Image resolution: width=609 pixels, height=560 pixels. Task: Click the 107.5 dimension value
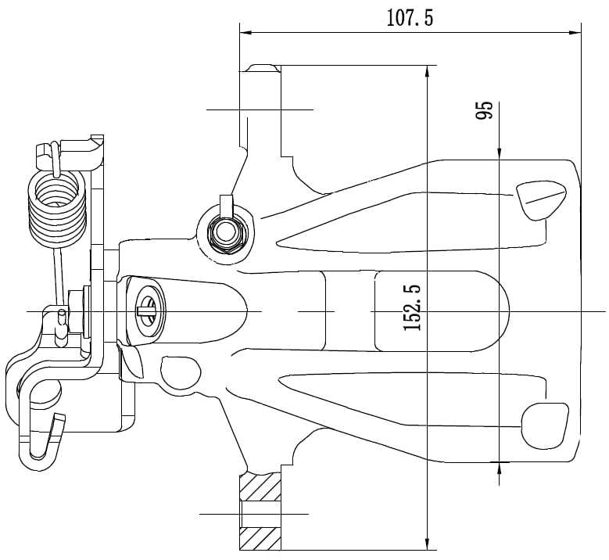410,17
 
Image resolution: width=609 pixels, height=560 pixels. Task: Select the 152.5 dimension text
413,308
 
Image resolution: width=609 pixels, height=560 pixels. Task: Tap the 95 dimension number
485,110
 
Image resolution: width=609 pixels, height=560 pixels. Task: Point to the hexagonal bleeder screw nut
226,234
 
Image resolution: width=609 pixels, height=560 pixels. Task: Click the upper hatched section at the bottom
260,486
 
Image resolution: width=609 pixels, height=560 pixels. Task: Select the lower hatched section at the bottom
260,538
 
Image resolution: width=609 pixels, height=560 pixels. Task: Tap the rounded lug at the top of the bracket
263,67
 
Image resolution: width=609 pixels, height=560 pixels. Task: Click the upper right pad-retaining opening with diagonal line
541,199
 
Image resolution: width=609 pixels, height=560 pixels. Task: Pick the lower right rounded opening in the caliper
545,425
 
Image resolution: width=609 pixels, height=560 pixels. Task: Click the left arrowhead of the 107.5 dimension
245,33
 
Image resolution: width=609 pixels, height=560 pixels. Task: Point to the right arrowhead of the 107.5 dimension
575,33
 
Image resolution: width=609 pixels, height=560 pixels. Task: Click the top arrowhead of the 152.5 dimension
427,72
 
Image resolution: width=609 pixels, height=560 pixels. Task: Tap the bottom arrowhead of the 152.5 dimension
427,544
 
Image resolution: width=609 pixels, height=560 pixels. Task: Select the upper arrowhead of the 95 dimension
499,153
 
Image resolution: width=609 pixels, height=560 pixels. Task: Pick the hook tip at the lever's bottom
61,417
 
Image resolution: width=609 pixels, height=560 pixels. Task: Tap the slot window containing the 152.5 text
441,311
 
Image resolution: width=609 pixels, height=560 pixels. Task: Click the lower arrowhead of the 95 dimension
499,468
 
